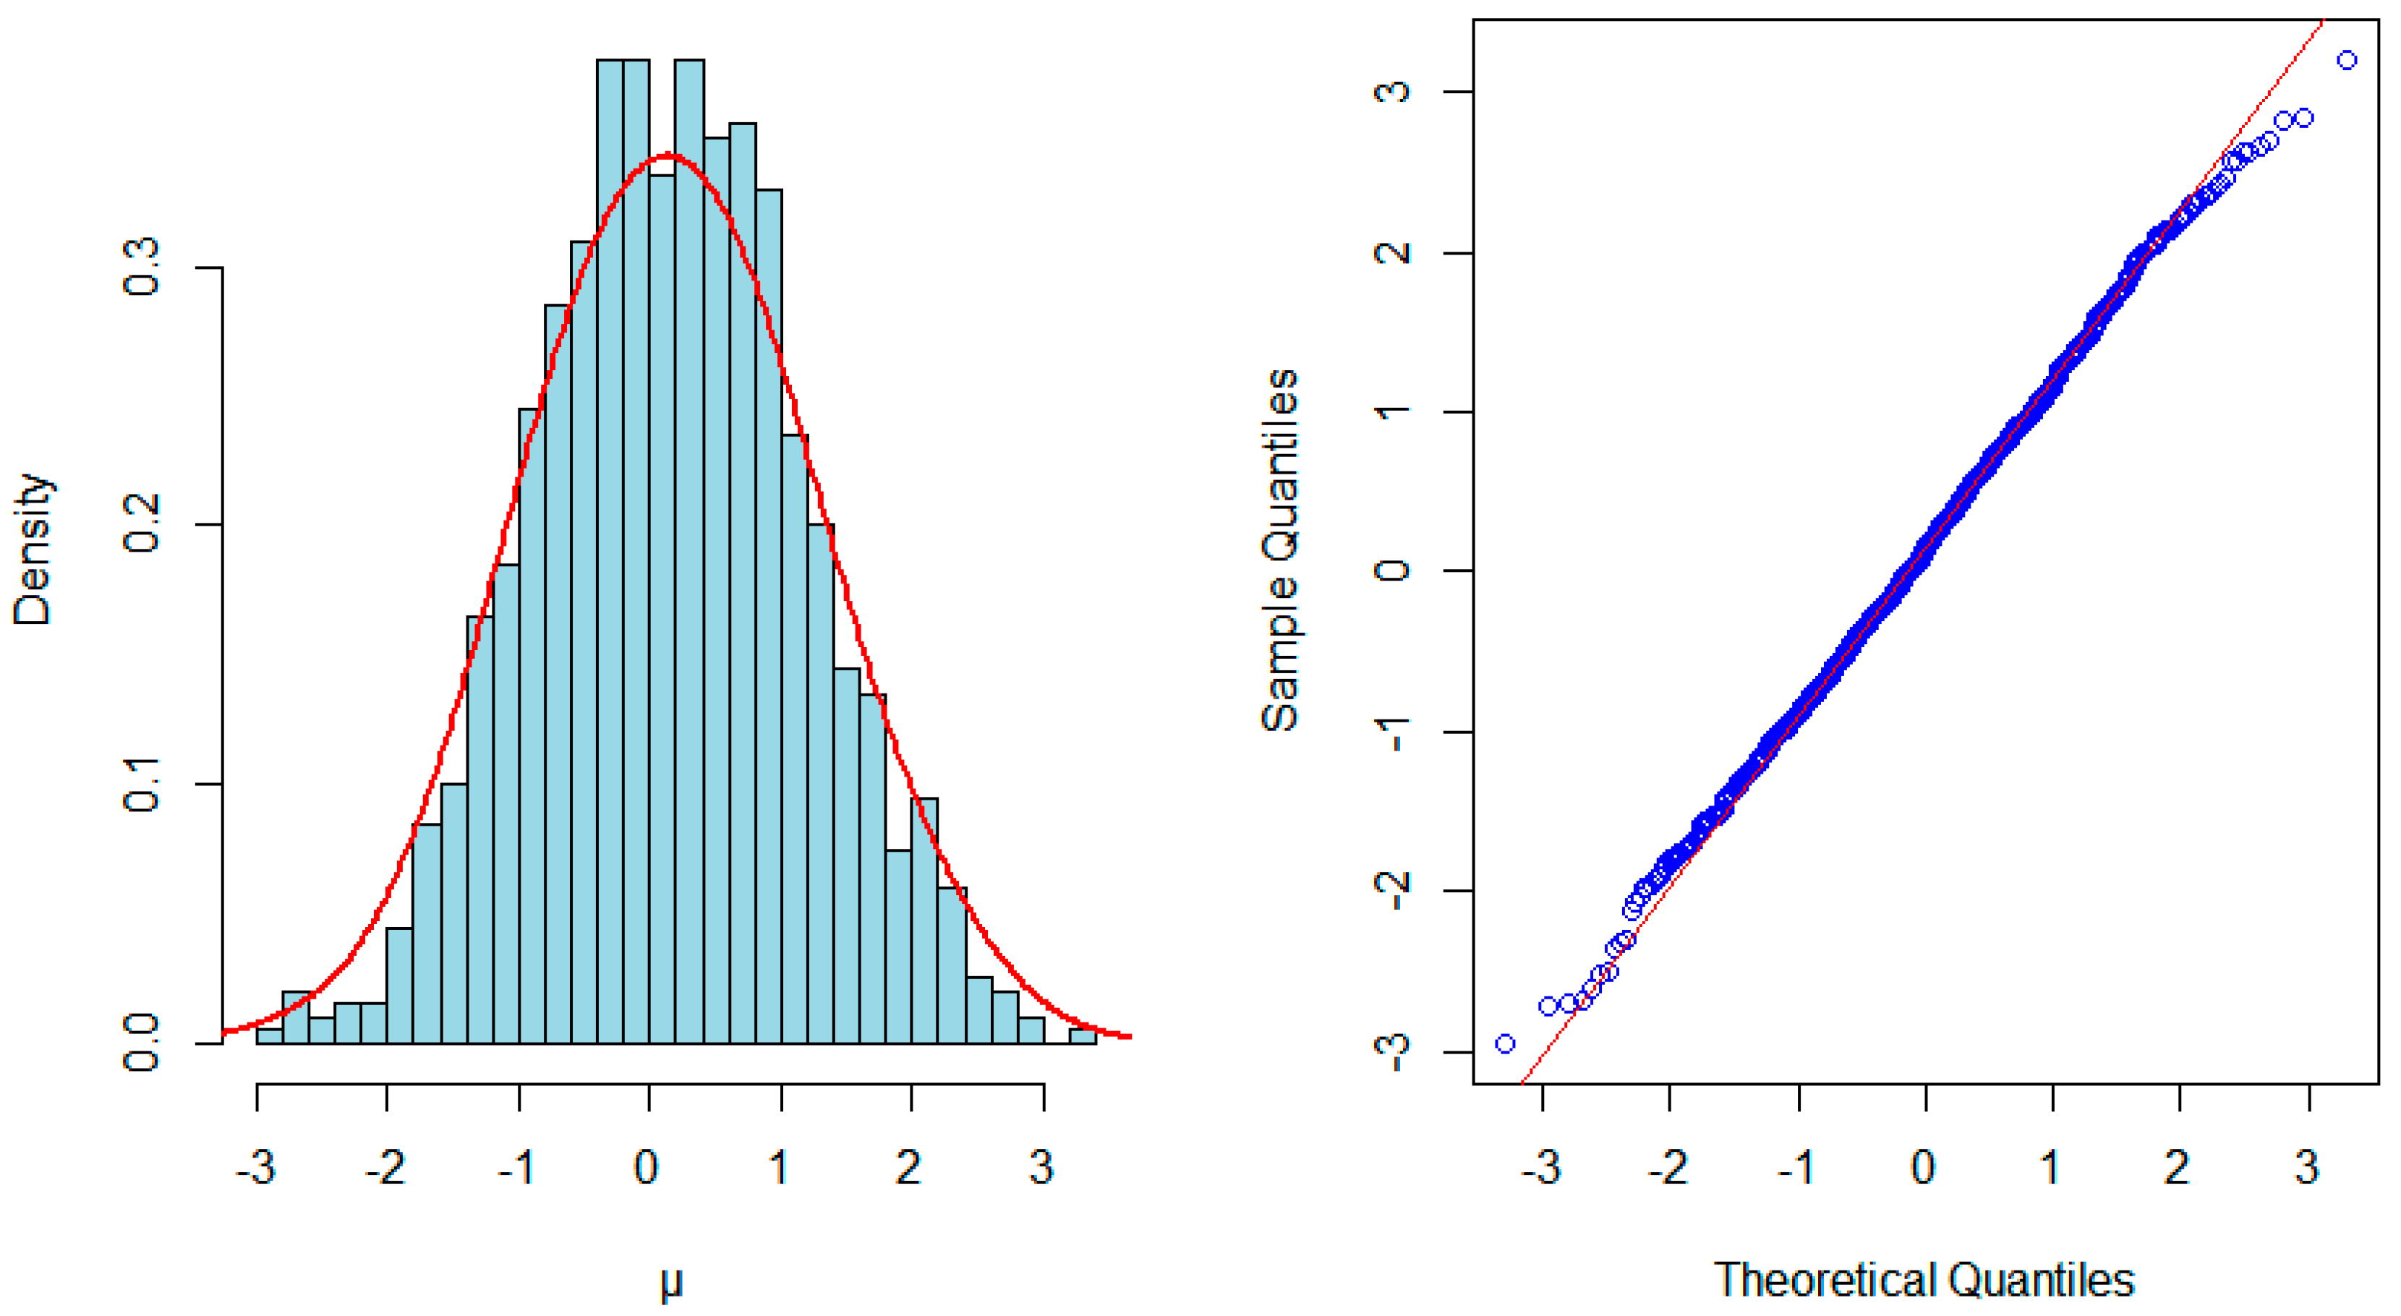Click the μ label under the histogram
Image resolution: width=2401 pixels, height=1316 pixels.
pyautogui.click(x=671, y=1283)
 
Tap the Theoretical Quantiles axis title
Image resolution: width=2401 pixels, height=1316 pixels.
pyautogui.click(x=1924, y=1281)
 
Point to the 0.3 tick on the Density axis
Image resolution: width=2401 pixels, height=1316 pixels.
pyautogui.click(x=142, y=268)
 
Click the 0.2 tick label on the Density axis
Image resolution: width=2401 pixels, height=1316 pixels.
pyautogui.click(x=142, y=525)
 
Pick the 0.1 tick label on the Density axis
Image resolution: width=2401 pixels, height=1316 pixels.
pyautogui.click(x=142, y=784)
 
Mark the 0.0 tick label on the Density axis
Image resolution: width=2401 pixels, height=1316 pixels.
pyautogui.click(x=142, y=1043)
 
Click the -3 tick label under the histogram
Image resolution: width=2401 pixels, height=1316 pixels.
pyautogui.click(x=256, y=1167)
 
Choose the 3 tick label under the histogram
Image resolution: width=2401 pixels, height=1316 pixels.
pyautogui.click(x=1042, y=1167)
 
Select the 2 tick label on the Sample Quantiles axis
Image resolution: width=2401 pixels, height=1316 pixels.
pyautogui.click(x=1394, y=252)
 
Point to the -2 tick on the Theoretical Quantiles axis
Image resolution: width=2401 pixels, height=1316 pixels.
pyautogui.click(x=1668, y=1167)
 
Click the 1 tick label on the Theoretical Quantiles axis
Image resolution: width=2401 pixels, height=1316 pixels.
pyautogui.click(x=2050, y=1167)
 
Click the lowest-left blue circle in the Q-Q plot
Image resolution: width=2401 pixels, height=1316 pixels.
pyautogui.click(x=1505, y=1044)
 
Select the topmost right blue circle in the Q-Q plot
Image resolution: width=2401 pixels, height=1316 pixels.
pyautogui.click(x=2347, y=61)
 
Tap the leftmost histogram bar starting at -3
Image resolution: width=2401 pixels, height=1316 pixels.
pyautogui.click(x=269, y=1035)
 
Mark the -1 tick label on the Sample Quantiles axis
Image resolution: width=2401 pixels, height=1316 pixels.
pyautogui.click(x=1394, y=732)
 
